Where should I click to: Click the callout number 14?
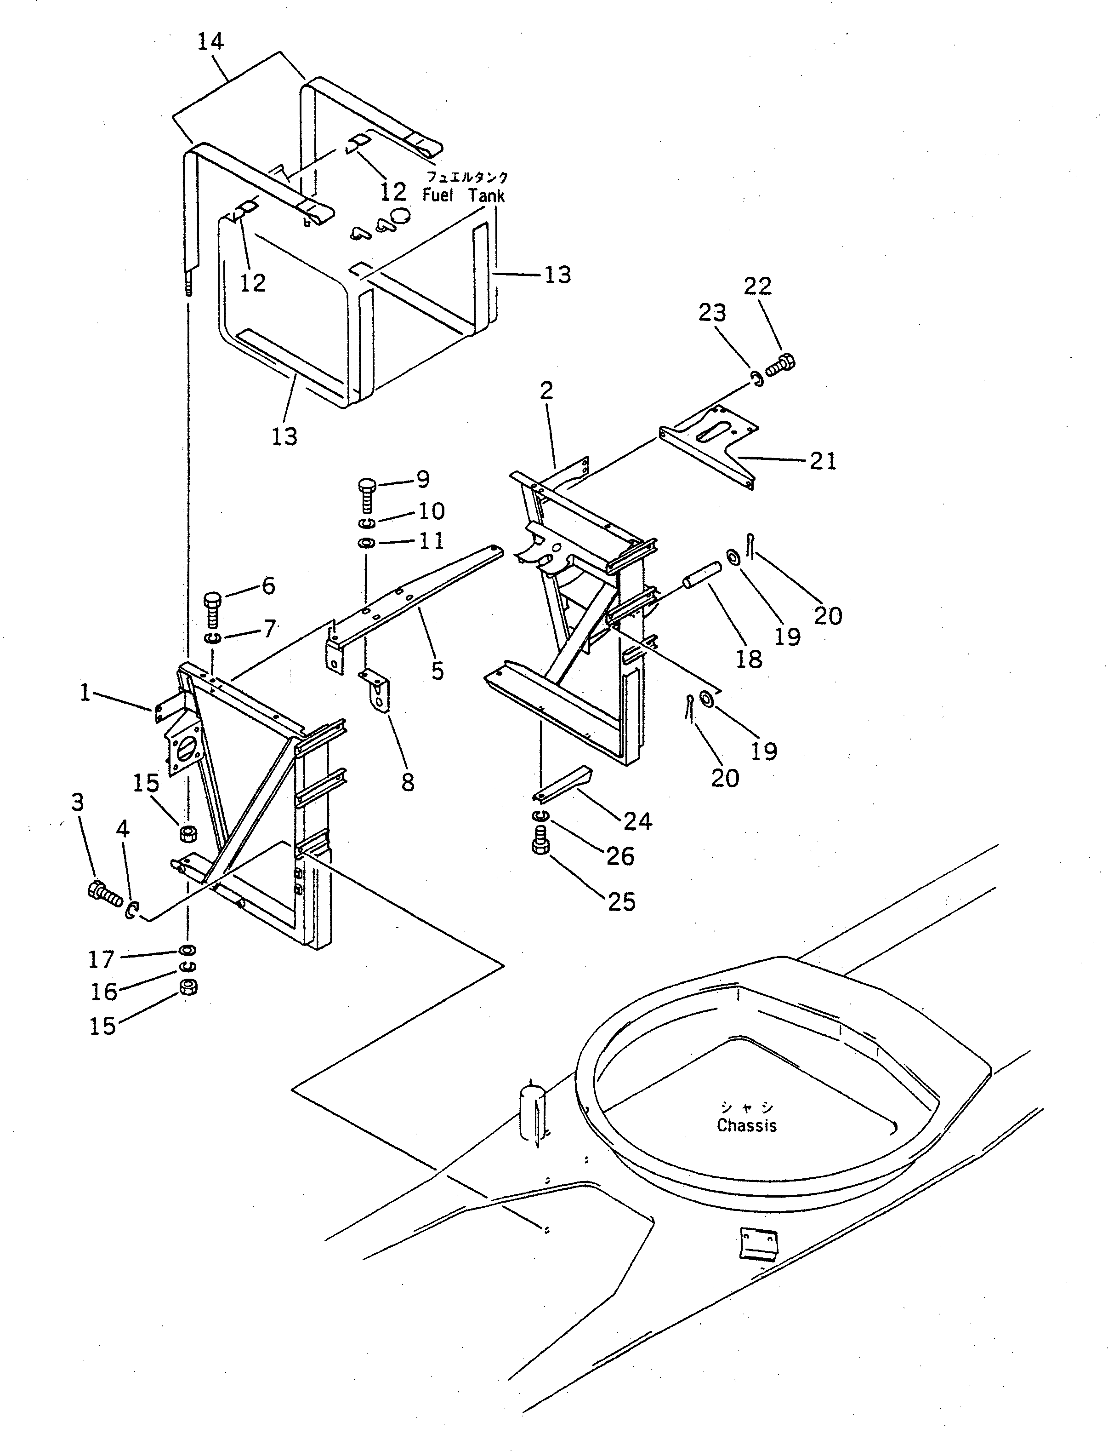(x=211, y=41)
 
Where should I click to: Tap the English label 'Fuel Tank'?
(x=464, y=195)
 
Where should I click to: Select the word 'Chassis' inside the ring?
(x=747, y=1126)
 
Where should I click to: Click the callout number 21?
(x=823, y=460)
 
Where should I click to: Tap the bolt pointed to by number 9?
(x=367, y=493)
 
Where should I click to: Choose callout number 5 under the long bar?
(x=437, y=671)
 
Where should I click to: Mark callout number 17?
(x=101, y=959)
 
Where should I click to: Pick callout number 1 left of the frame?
(x=85, y=693)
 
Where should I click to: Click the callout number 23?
(x=712, y=312)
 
